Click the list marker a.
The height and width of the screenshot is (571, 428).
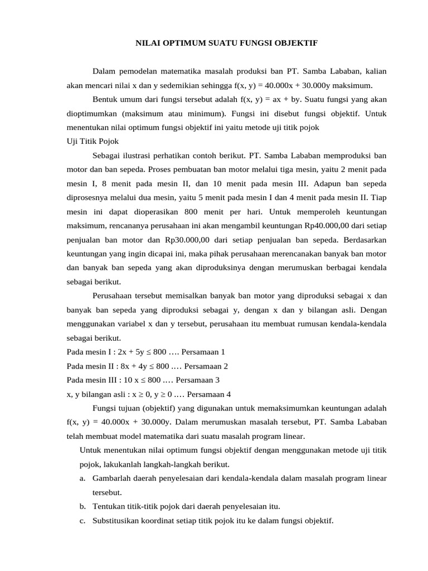[x=83, y=478]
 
